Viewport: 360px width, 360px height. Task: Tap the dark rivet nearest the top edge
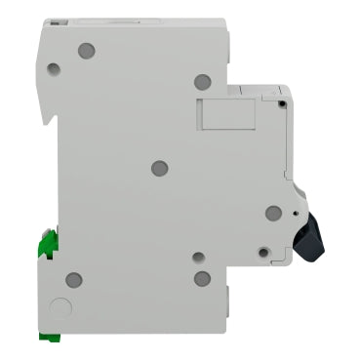point(86,49)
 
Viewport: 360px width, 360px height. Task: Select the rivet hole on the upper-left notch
point(54,69)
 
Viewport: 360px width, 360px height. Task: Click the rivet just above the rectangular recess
point(202,82)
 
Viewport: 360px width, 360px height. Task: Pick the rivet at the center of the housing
point(160,168)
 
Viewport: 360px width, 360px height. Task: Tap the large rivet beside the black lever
point(273,213)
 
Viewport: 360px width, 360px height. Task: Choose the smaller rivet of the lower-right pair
point(198,259)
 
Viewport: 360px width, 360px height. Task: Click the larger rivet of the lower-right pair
point(202,279)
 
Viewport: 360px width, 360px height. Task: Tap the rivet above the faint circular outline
point(73,280)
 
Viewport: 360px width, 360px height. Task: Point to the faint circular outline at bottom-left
point(60,308)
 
